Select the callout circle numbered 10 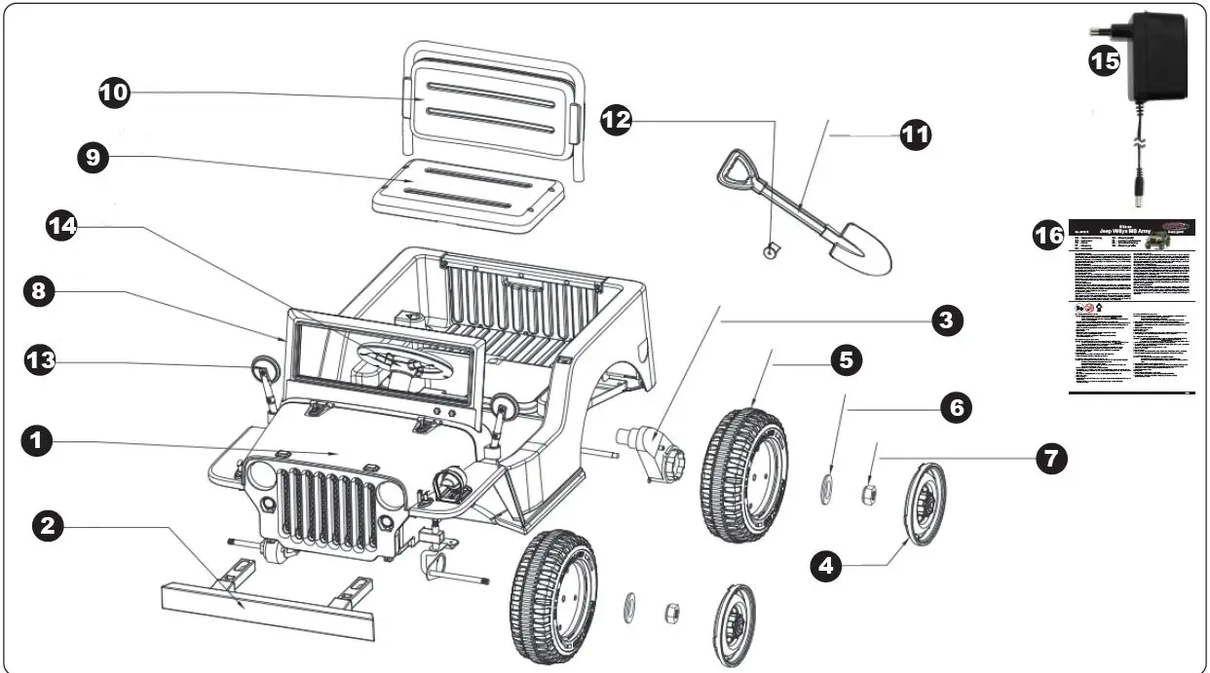click(x=113, y=93)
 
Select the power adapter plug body click(x=1156, y=60)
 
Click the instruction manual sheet click(x=1133, y=307)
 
